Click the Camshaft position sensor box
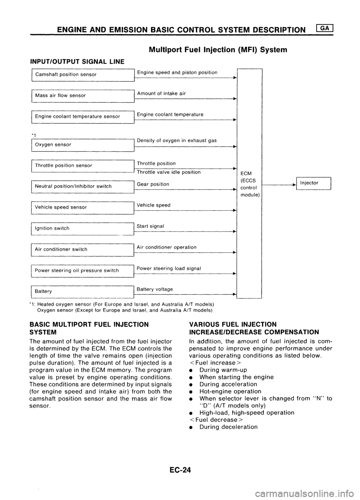pyautogui.click(x=83, y=74)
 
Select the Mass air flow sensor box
pyautogui.click(x=83, y=95)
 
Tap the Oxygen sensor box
pyautogui.click(x=83, y=144)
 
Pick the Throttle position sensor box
pyautogui.click(x=83, y=165)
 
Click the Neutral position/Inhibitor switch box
pyautogui.click(x=83, y=186)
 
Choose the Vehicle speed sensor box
pyautogui.click(x=83, y=207)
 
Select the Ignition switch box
pyautogui.click(x=83, y=228)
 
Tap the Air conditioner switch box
pyautogui.click(x=83, y=249)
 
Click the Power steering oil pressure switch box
pyautogui.click(x=83, y=270)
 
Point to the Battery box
pyautogui.click(x=83, y=291)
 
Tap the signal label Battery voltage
pyautogui.click(x=155, y=289)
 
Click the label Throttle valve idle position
pyautogui.click(x=169, y=172)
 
